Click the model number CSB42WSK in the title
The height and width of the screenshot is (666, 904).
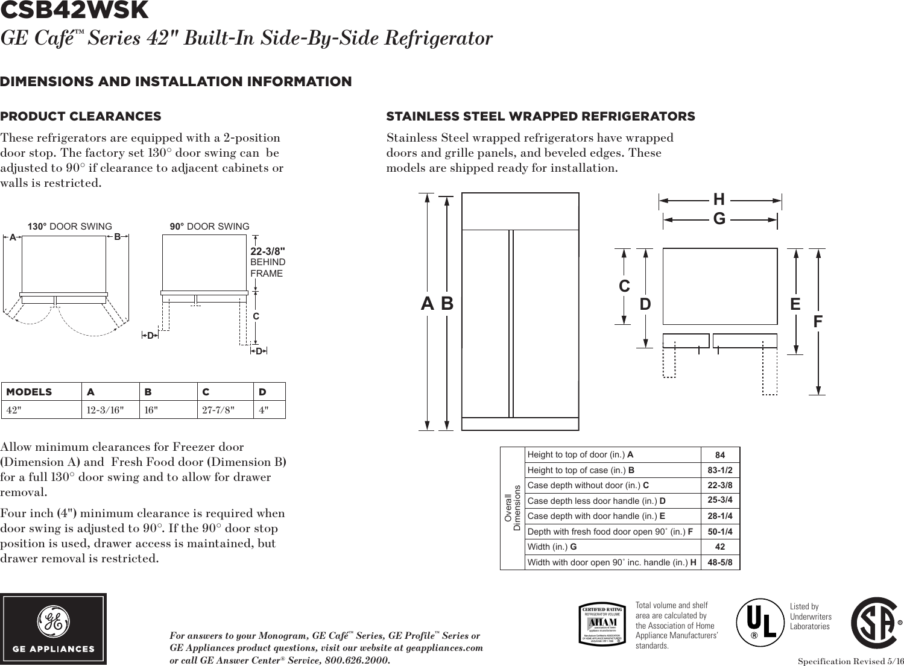coord(74,10)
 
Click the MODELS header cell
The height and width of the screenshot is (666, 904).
coord(29,392)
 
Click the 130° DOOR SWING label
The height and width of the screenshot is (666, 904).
coord(70,227)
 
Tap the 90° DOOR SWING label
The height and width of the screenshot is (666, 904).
coord(209,227)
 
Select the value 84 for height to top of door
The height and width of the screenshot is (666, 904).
coord(720,455)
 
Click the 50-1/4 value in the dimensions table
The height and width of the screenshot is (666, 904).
coord(720,532)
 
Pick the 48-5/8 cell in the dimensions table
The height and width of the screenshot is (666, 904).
coord(720,562)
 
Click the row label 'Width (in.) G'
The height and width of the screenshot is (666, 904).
coord(552,547)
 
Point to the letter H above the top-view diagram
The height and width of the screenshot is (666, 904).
coord(719,199)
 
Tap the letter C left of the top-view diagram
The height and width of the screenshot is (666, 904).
coord(624,286)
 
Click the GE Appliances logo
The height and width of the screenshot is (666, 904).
coord(54,629)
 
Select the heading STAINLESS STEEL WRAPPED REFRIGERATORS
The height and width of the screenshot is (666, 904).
coord(540,116)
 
